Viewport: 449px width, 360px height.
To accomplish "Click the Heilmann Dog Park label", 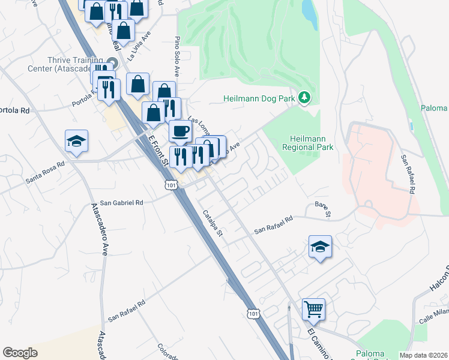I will (x=261, y=98).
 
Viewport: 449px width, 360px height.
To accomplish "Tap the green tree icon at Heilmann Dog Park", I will (x=305, y=97).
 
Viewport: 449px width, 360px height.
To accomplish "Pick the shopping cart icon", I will (x=313, y=310).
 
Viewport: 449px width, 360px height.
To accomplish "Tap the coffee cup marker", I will (x=179, y=130).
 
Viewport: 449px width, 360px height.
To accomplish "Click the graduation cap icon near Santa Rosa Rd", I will (x=77, y=142).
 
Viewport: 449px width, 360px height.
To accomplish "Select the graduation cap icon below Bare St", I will (x=320, y=246).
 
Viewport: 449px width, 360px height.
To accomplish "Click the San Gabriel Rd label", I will (x=122, y=203).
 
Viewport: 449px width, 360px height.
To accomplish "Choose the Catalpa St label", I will (x=212, y=222).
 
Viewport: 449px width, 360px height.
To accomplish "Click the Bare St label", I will (x=323, y=209).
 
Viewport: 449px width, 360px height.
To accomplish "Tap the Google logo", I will (x=20, y=353).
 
